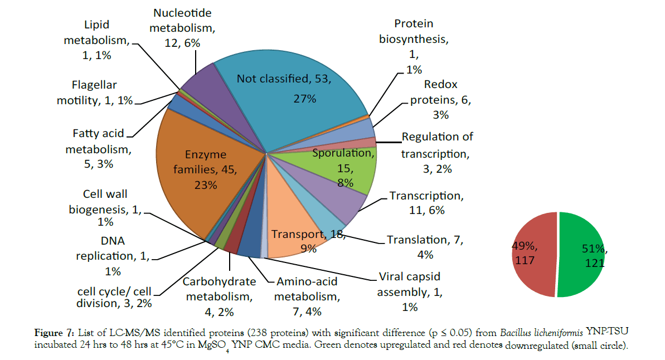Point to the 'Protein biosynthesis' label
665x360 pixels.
(x=414, y=46)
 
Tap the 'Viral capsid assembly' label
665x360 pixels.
(x=409, y=291)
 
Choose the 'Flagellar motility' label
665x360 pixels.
(x=95, y=93)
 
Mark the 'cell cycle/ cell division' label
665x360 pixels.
(x=114, y=297)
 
